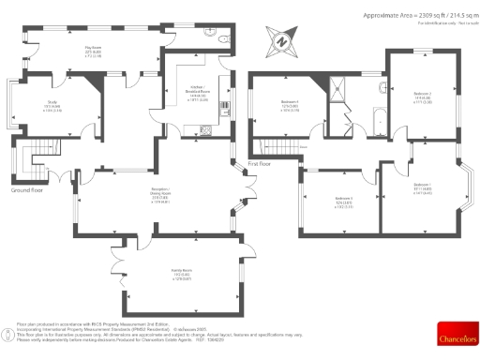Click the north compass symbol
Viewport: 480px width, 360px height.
[279, 41]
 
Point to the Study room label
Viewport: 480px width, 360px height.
[50, 108]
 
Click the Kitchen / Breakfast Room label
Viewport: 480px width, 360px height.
[198, 94]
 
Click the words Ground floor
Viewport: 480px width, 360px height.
[27, 189]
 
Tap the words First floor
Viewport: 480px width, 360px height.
[260, 163]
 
